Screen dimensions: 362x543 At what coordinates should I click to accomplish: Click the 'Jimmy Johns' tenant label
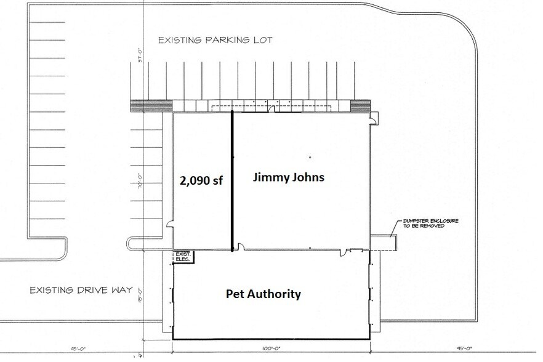[289, 177]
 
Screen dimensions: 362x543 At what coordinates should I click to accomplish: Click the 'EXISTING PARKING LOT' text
[215, 41]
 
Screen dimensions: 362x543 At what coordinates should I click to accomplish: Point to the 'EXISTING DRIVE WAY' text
[81, 289]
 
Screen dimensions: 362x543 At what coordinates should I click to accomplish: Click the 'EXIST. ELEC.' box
[183, 257]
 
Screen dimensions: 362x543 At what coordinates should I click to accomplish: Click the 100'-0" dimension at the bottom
[270, 348]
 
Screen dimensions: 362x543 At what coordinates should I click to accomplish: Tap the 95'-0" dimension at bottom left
[77, 348]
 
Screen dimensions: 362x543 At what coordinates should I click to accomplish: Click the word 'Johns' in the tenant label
[307, 177]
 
